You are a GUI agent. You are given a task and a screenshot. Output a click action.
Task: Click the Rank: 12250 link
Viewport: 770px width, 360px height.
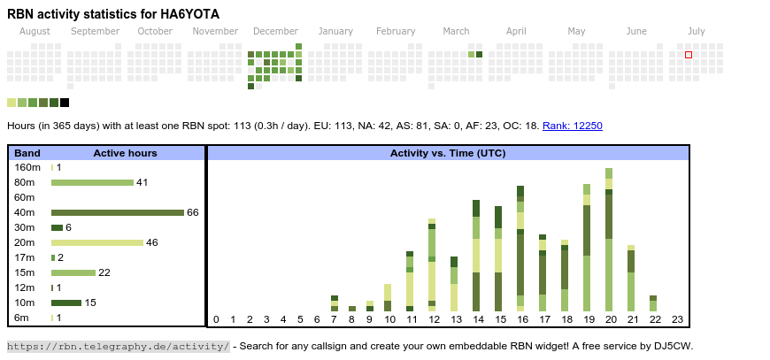(572, 126)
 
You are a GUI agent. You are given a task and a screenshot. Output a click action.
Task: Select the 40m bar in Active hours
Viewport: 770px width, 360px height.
(117, 212)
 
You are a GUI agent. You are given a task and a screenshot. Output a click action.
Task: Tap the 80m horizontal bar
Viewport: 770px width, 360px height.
(92, 182)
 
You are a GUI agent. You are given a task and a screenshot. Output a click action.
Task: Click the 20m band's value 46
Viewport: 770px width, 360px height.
(151, 242)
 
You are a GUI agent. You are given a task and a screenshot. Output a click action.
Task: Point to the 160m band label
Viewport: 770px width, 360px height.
(27, 167)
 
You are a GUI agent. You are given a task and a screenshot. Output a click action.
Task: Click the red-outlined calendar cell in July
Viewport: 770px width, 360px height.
(689, 55)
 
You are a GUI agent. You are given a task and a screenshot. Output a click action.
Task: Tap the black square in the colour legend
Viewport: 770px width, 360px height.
(65, 103)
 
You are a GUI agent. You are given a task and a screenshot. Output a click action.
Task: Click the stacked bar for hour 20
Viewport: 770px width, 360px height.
(609, 240)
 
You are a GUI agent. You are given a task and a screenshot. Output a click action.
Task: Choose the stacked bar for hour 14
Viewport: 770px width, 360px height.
(476, 256)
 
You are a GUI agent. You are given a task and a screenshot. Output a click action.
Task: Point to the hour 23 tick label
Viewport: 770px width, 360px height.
(677, 319)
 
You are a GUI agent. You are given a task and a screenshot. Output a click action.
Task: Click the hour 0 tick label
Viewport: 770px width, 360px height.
(216, 319)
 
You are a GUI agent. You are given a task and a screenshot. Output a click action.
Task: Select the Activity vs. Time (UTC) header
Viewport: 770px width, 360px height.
(448, 153)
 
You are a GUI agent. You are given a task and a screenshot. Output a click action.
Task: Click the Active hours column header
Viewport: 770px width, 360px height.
(125, 153)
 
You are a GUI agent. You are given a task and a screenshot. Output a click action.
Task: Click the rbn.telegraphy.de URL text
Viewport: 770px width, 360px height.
(119, 346)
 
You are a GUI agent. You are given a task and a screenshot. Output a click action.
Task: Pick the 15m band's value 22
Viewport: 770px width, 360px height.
(104, 272)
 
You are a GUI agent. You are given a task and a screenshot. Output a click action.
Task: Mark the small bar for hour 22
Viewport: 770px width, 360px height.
(653, 303)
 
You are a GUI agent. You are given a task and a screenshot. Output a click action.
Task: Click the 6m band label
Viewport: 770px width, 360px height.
(23, 318)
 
